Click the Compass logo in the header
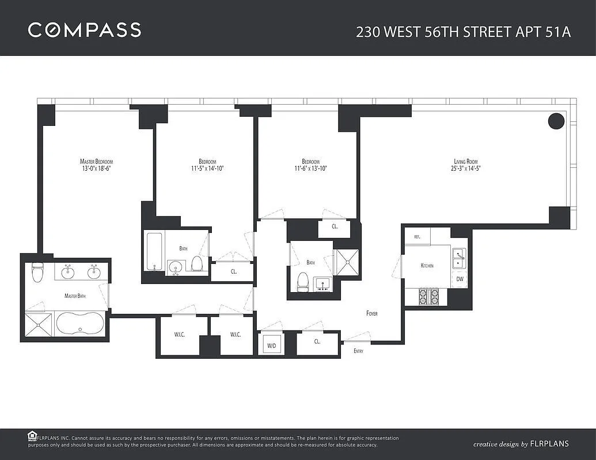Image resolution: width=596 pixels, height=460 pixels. click(x=85, y=30)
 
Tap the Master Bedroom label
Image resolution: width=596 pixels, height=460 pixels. click(x=96, y=162)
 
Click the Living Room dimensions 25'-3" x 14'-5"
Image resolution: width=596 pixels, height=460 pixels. click(x=466, y=168)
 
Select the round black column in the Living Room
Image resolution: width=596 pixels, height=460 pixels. click(x=556, y=121)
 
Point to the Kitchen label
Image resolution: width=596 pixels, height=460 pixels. click(x=427, y=266)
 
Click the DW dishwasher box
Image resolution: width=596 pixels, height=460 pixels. click(x=460, y=279)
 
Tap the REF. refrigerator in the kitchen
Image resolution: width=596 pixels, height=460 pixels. click(x=417, y=236)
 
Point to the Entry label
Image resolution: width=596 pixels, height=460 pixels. click(x=358, y=351)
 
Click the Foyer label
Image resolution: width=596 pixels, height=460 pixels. click(x=372, y=313)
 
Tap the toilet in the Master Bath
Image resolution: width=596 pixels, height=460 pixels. click(x=37, y=272)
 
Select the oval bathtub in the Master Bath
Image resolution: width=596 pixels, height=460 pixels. click(x=80, y=324)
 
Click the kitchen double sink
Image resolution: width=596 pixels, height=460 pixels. click(x=459, y=259)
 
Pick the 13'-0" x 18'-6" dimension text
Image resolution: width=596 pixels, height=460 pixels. click(x=96, y=168)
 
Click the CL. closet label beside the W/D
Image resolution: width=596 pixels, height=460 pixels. click(x=317, y=342)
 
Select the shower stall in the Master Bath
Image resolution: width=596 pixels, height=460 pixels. click(x=39, y=324)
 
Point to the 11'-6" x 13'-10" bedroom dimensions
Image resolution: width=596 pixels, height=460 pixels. click(x=310, y=168)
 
